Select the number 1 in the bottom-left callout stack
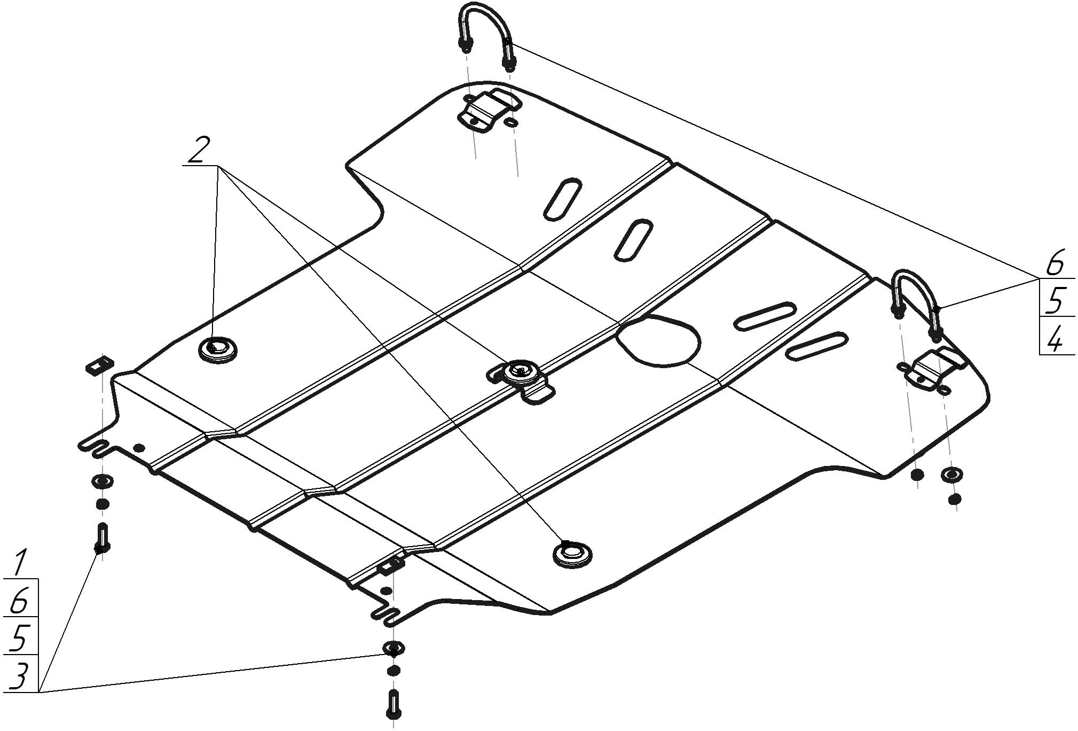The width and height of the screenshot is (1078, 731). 21,563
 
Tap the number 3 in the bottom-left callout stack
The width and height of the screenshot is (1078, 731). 19,678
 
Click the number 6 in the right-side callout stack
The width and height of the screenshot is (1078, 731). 1055,263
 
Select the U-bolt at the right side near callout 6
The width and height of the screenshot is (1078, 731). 916,304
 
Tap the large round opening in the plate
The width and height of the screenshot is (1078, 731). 657,341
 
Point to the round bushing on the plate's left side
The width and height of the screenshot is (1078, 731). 217,350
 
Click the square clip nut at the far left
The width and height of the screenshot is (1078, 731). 100,364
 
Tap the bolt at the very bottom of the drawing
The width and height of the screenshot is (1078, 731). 394,704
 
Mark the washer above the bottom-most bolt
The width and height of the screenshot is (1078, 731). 393,648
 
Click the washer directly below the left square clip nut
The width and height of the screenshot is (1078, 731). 103,481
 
